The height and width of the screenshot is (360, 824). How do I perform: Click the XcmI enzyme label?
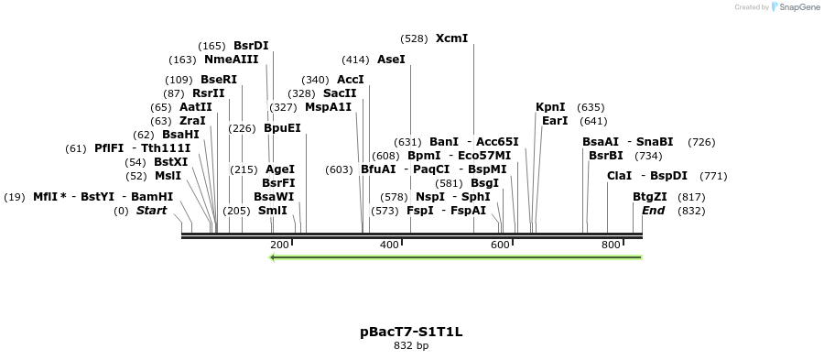click(451, 38)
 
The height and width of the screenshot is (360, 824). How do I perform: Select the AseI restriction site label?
click(391, 60)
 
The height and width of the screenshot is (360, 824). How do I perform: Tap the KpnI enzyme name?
click(550, 107)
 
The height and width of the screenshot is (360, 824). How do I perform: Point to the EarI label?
click(555, 121)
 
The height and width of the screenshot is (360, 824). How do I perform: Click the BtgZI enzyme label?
click(650, 197)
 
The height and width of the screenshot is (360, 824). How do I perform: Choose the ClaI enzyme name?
click(619, 176)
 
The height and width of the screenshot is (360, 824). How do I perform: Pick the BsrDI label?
click(251, 45)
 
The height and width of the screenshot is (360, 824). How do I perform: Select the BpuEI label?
click(282, 128)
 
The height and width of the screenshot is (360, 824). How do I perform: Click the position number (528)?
click(414, 38)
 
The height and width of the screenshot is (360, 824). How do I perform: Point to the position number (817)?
click(690, 197)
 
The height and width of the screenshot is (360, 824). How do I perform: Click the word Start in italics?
click(152, 211)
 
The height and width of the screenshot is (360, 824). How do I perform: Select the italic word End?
click(653, 211)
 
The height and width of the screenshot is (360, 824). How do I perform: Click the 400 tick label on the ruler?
click(390, 245)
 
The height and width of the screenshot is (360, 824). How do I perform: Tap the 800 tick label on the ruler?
click(611, 245)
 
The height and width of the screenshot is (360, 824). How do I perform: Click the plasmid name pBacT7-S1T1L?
click(411, 332)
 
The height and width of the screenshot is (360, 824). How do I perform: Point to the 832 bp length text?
click(411, 346)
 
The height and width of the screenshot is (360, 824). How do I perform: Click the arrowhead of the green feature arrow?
click(273, 257)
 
